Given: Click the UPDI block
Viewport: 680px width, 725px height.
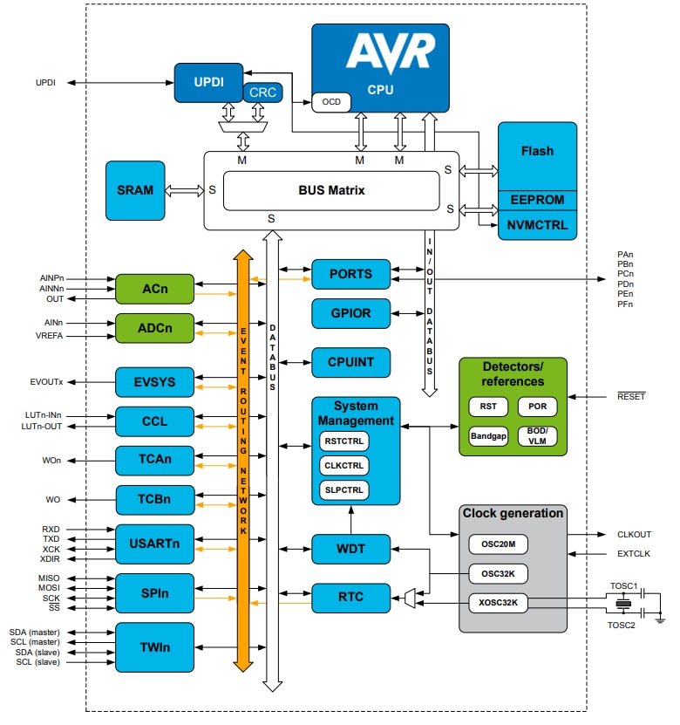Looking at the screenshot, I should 207,82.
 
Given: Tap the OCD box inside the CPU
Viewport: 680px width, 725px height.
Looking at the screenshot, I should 331,102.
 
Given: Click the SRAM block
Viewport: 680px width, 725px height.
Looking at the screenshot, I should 134,190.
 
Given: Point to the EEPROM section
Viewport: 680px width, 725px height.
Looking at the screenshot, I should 537,200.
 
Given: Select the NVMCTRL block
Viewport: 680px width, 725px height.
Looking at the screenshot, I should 537,225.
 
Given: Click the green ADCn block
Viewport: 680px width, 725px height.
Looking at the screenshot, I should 153,328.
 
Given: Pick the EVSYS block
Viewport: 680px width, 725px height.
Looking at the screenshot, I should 153,382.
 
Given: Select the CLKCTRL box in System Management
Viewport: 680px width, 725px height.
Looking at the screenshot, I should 343,465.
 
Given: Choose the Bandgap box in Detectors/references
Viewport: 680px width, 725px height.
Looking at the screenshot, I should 488,436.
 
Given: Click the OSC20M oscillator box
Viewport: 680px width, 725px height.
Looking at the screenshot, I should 498,544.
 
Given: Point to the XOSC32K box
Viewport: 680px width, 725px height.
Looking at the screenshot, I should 498,602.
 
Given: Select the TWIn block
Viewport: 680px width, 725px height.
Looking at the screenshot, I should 153,648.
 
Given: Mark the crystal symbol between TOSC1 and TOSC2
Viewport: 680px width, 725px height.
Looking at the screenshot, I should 622,603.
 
